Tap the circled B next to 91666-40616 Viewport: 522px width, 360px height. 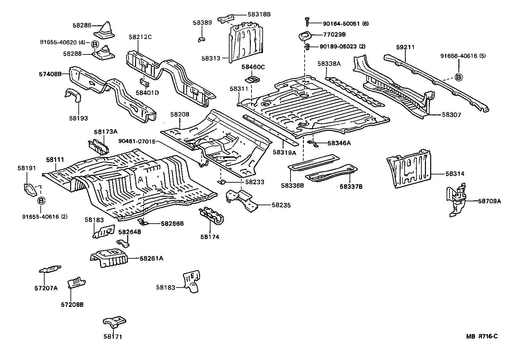pyautogui.click(x=458, y=77)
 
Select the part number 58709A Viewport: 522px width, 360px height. pyautogui.click(x=489, y=201)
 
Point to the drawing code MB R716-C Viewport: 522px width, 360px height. pyautogui.click(x=482, y=336)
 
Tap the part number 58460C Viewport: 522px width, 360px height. pyautogui.click(x=253, y=67)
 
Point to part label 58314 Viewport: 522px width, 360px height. pyautogui.click(x=455, y=174)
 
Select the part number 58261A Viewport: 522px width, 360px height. pyautogui.click(x=151, y=258)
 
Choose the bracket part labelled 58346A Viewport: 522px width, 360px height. pyautogui.click(x=314, y=143)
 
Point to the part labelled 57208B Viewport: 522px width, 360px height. pyautogui.click(x=76, y=282)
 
